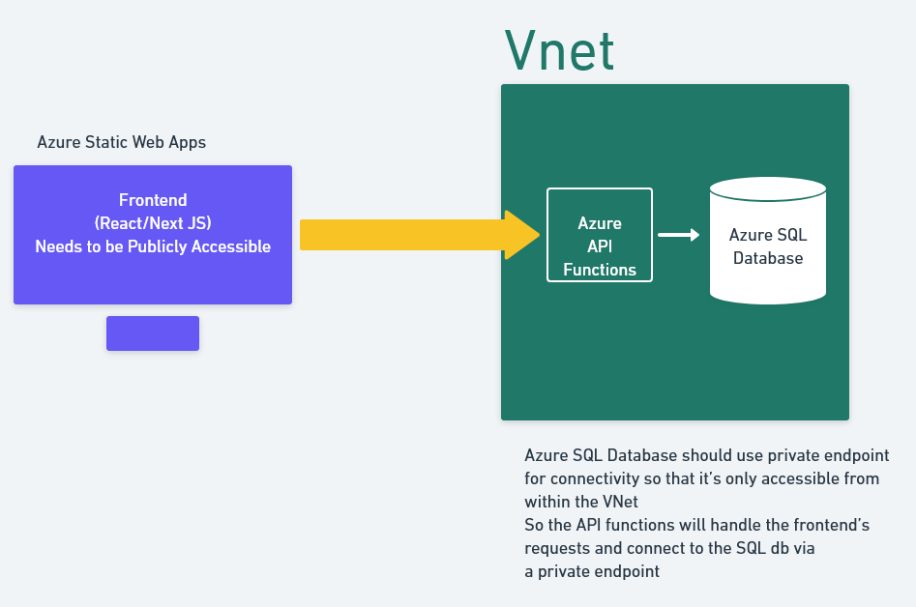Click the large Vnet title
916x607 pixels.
(559, 51)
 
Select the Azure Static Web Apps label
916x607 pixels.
(122, 142)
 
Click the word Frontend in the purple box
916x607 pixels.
(153, 200)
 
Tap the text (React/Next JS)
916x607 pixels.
(153, 223)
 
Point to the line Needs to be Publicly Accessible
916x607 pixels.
(153, 246)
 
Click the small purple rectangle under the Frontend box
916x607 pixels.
(153, 333)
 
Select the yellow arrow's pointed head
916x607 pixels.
(521, 235)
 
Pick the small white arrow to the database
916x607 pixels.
(678, 235)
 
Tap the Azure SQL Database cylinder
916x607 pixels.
(768, 241)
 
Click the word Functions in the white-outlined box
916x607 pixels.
(600, 270)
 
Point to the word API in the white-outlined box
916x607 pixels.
(600, 246)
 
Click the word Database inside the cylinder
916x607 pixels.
(768, 258)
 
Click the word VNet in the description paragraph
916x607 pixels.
(620, 502)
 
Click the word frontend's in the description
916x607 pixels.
(832, 525)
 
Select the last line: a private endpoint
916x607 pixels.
(592, 571)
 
